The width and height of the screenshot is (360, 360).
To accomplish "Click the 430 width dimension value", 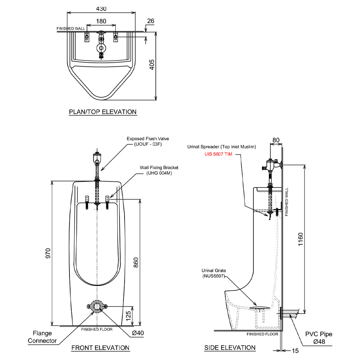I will coord(102,8).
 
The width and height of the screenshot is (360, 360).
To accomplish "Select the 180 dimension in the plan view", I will coord(102,21).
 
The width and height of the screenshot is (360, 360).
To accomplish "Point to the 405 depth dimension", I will coord(152,65).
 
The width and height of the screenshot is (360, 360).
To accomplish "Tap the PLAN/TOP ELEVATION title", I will coord(103,112).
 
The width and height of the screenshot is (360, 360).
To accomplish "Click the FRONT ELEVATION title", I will coord(100,348).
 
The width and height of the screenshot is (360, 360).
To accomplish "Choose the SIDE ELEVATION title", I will coord(230,348).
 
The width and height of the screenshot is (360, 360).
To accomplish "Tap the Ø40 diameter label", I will coord(138,333).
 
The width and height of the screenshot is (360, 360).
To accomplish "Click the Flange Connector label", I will coord(42,337).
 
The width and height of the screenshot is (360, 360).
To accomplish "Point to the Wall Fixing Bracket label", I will coord(159,170).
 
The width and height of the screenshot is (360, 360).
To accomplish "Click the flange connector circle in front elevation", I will coord(97,306).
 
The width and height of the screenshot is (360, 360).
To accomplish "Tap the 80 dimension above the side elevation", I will coord(276,140).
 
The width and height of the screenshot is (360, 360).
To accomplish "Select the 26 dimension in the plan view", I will coord(151,21).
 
